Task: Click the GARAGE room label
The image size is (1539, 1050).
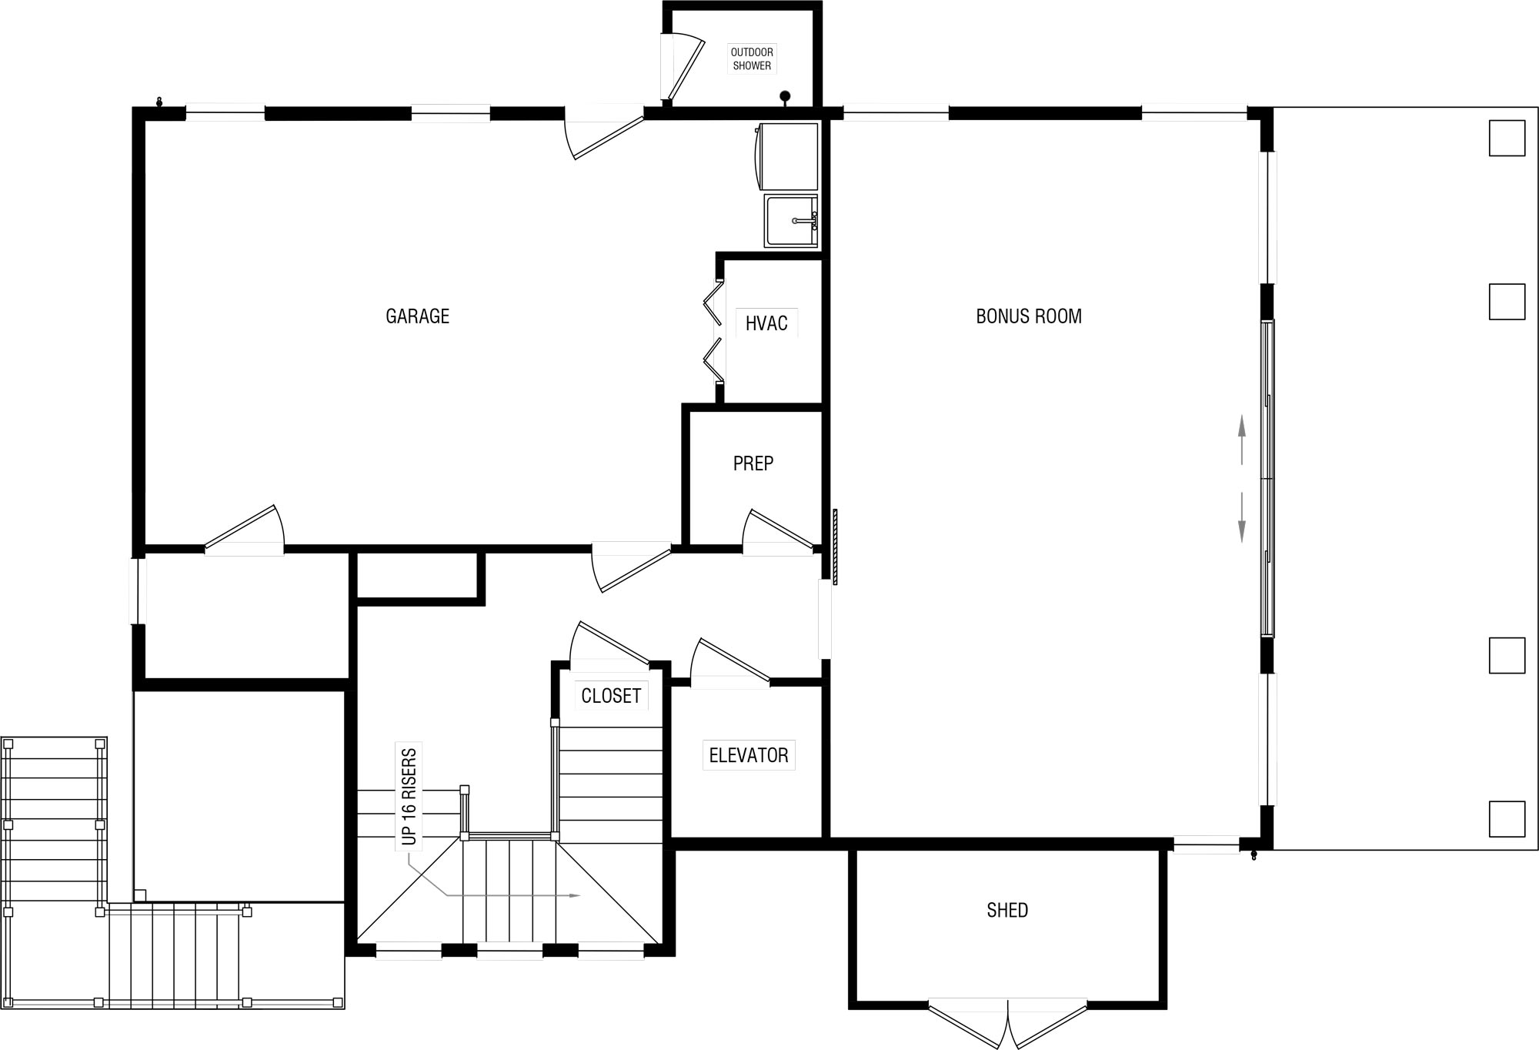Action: (417, 316)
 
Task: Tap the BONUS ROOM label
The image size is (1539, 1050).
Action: (1029, 316)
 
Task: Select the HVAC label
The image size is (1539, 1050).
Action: (766, 323)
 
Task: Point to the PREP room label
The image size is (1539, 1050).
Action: (753, 463)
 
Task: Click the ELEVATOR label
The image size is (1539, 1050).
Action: (749, 755)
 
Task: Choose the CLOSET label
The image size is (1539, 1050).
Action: (611, 696)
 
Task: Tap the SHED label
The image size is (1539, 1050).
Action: (1007, 910)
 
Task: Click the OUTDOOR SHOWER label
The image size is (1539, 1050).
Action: (752, 59)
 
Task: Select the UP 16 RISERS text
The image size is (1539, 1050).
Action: (409, 796)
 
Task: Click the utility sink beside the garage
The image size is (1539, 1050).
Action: (791, 221)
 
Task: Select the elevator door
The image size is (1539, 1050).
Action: (729, 660)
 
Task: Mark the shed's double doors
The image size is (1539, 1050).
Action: (1007, 1024)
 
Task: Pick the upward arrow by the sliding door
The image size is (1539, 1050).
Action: (1241, 440)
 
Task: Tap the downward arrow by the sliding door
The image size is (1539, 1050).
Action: (1241, 517)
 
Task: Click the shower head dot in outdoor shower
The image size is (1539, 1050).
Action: (785, 96)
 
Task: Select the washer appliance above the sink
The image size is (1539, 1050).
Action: (788, 156)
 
